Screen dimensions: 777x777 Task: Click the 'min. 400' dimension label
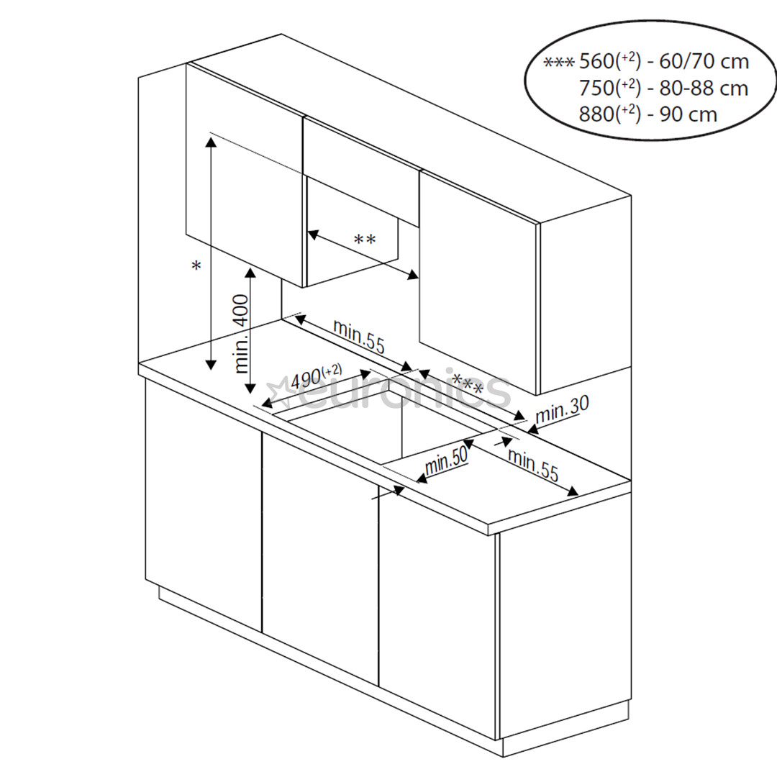coord(242,333)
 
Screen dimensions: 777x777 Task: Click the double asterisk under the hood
coord(364,240)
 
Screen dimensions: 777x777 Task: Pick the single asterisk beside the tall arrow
coord(196,267)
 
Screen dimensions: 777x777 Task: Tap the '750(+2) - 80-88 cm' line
coord(663,88)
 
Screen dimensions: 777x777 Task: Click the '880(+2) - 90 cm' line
coord(647,114)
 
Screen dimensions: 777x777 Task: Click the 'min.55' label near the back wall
coord(358,336)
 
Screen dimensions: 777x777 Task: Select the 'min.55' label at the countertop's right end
coord(532,465)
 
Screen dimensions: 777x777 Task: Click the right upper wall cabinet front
coord(478,281)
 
